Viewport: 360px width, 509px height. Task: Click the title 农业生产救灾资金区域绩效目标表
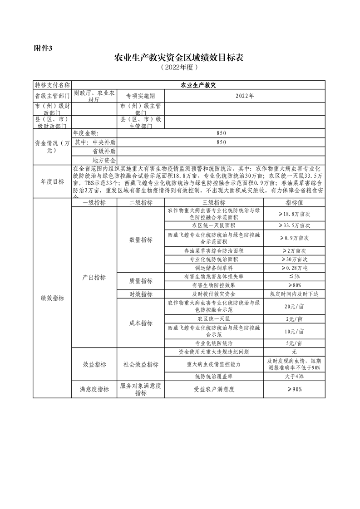[x=179, y=58]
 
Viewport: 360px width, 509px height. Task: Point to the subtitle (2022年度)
[x=179, y=68]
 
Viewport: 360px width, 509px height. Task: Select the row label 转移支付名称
[x=52, y=84]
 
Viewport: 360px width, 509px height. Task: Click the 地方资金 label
[x=104, y=160]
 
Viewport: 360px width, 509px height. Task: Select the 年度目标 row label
[x=52, y=181]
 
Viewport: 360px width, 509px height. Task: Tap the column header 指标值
[x=294, y=203]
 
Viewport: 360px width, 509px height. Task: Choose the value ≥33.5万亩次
[x=294, y=225]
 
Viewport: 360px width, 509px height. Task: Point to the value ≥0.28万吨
[x=294, y=268]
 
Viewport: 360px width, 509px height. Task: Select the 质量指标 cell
[x=140, y=281]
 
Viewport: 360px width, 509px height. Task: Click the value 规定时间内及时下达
[x=294, y=294]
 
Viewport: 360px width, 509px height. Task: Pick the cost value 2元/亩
[x=294, y=319]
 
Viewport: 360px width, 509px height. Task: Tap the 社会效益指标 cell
[x=140, y=364]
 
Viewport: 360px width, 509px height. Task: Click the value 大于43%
[x=294, y=376]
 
